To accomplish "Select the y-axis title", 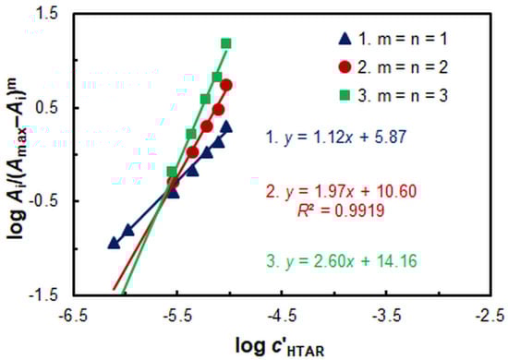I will coord(16,152).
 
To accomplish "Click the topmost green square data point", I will coord(225,43).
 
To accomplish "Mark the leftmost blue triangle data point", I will coord(114,243).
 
